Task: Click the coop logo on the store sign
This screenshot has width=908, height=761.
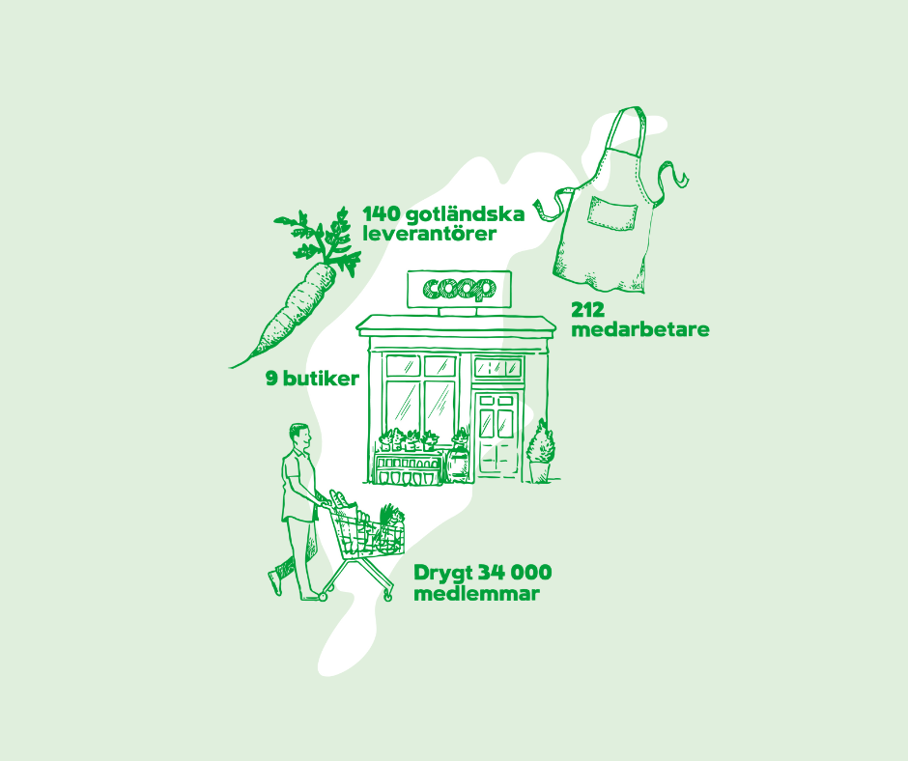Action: tap(459, 289)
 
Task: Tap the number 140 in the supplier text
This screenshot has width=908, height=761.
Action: tap(381, 214)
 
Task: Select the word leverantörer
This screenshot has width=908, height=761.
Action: tap(429, 234)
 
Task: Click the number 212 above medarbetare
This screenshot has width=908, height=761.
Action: tap(587, 310)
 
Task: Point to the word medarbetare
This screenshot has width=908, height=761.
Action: tap(639, 329)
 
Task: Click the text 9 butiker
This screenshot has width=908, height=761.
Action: tap(312, 379)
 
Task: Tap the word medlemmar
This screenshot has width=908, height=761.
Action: tap(476, 594)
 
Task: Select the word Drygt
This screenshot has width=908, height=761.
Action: tap(442, 574)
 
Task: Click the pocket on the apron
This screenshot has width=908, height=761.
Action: tap(612, 212)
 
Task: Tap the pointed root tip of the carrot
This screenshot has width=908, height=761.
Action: tap(233, 366)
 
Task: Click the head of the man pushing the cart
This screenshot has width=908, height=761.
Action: tap(300, 437)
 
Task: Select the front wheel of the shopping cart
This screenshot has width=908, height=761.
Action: tap(387, 596)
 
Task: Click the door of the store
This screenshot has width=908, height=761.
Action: tap(497, 436)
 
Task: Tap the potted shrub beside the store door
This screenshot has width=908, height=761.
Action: tap(540, 451)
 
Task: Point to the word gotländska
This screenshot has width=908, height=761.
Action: tap(465, 214)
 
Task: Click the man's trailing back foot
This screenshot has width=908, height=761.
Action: tap(274, 582)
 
